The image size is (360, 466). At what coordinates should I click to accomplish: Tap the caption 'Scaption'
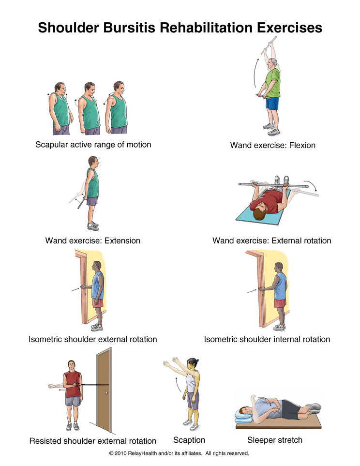coord(189,440)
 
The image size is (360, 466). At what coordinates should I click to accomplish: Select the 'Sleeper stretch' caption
coord(275,440)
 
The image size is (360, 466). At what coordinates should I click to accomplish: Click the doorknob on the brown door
coord(106,393)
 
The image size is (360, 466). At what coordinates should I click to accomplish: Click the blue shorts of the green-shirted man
coord(272,103)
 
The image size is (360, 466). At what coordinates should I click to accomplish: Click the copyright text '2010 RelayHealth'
coord(135,453)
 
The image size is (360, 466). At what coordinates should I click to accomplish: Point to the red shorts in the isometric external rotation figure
coord(98,303)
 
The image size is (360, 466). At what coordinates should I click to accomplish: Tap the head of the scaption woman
coord(192,363)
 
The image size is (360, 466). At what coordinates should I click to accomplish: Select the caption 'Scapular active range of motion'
coord(93,145)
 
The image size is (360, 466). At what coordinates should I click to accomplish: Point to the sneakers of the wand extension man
coord(93,226)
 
